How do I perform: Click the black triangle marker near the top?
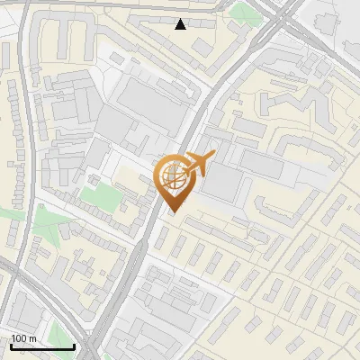(181, 24)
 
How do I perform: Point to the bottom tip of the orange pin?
(174, 212)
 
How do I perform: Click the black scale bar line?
(42, 347)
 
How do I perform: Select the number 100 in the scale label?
(19, 339)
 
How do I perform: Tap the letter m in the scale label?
(31, 339)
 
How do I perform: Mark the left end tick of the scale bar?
(11, 346)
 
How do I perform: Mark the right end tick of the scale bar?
(74, 346)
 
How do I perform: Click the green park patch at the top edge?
(243, 11)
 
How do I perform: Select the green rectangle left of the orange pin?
(101, 196)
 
